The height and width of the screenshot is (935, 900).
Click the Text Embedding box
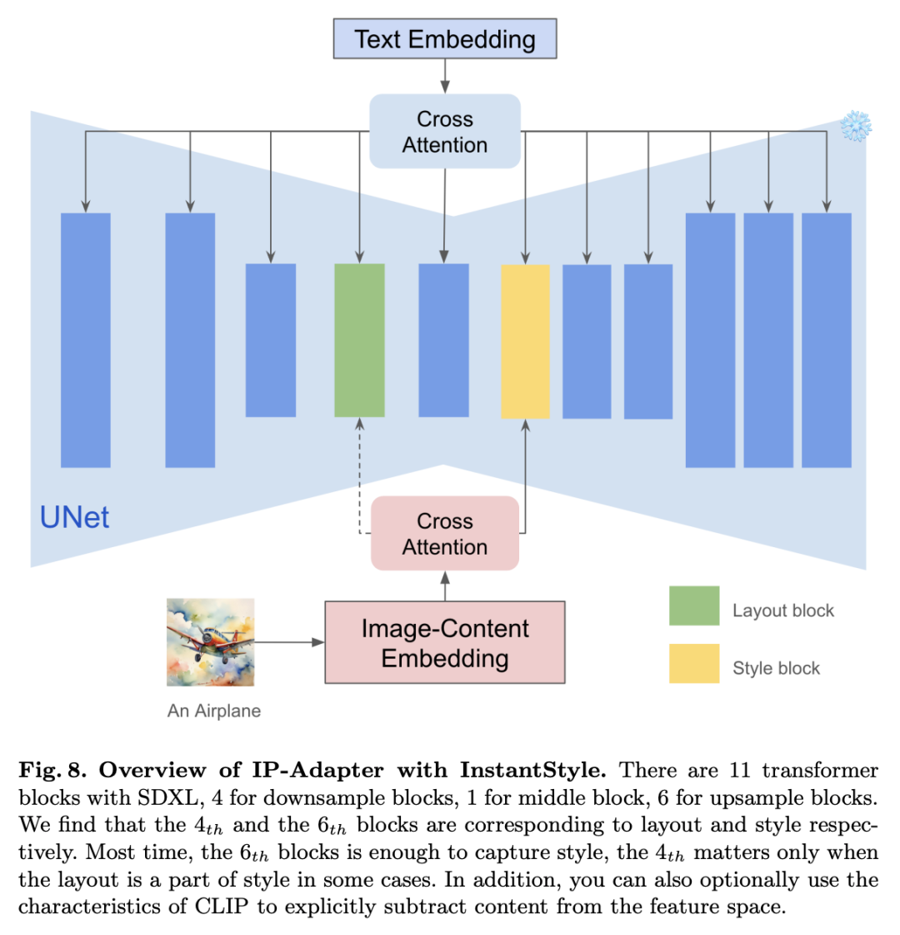click(444, 38)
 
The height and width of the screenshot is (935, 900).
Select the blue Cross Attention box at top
click(444, 131)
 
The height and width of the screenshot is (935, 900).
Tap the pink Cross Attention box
click(444, 534)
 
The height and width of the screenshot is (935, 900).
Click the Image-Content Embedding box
click(444, 642)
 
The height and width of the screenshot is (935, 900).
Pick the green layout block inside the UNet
click(359, 340)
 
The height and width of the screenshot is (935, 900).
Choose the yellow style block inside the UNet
click(525, 341)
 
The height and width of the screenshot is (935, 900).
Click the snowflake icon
click(856, 126)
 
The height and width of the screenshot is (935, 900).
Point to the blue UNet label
click(74, 517)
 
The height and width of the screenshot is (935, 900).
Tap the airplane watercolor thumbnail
click(210, 642)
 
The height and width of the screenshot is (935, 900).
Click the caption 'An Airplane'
click(214, 711)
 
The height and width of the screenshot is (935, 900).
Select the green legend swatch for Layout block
click(694, 606)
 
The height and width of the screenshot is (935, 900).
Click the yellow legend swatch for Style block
click(694, 663)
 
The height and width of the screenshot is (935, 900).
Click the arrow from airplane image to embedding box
click(289, 642)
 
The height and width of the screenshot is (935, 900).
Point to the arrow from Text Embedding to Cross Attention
click(444, 77)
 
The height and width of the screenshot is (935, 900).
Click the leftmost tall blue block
click(85, 340)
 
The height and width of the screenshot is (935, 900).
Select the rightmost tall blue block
click(826, 340)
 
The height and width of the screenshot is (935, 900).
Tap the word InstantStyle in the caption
click(533, 770)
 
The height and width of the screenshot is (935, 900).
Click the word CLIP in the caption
click(221, 907)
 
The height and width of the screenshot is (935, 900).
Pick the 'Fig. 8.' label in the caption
click(53, 770)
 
